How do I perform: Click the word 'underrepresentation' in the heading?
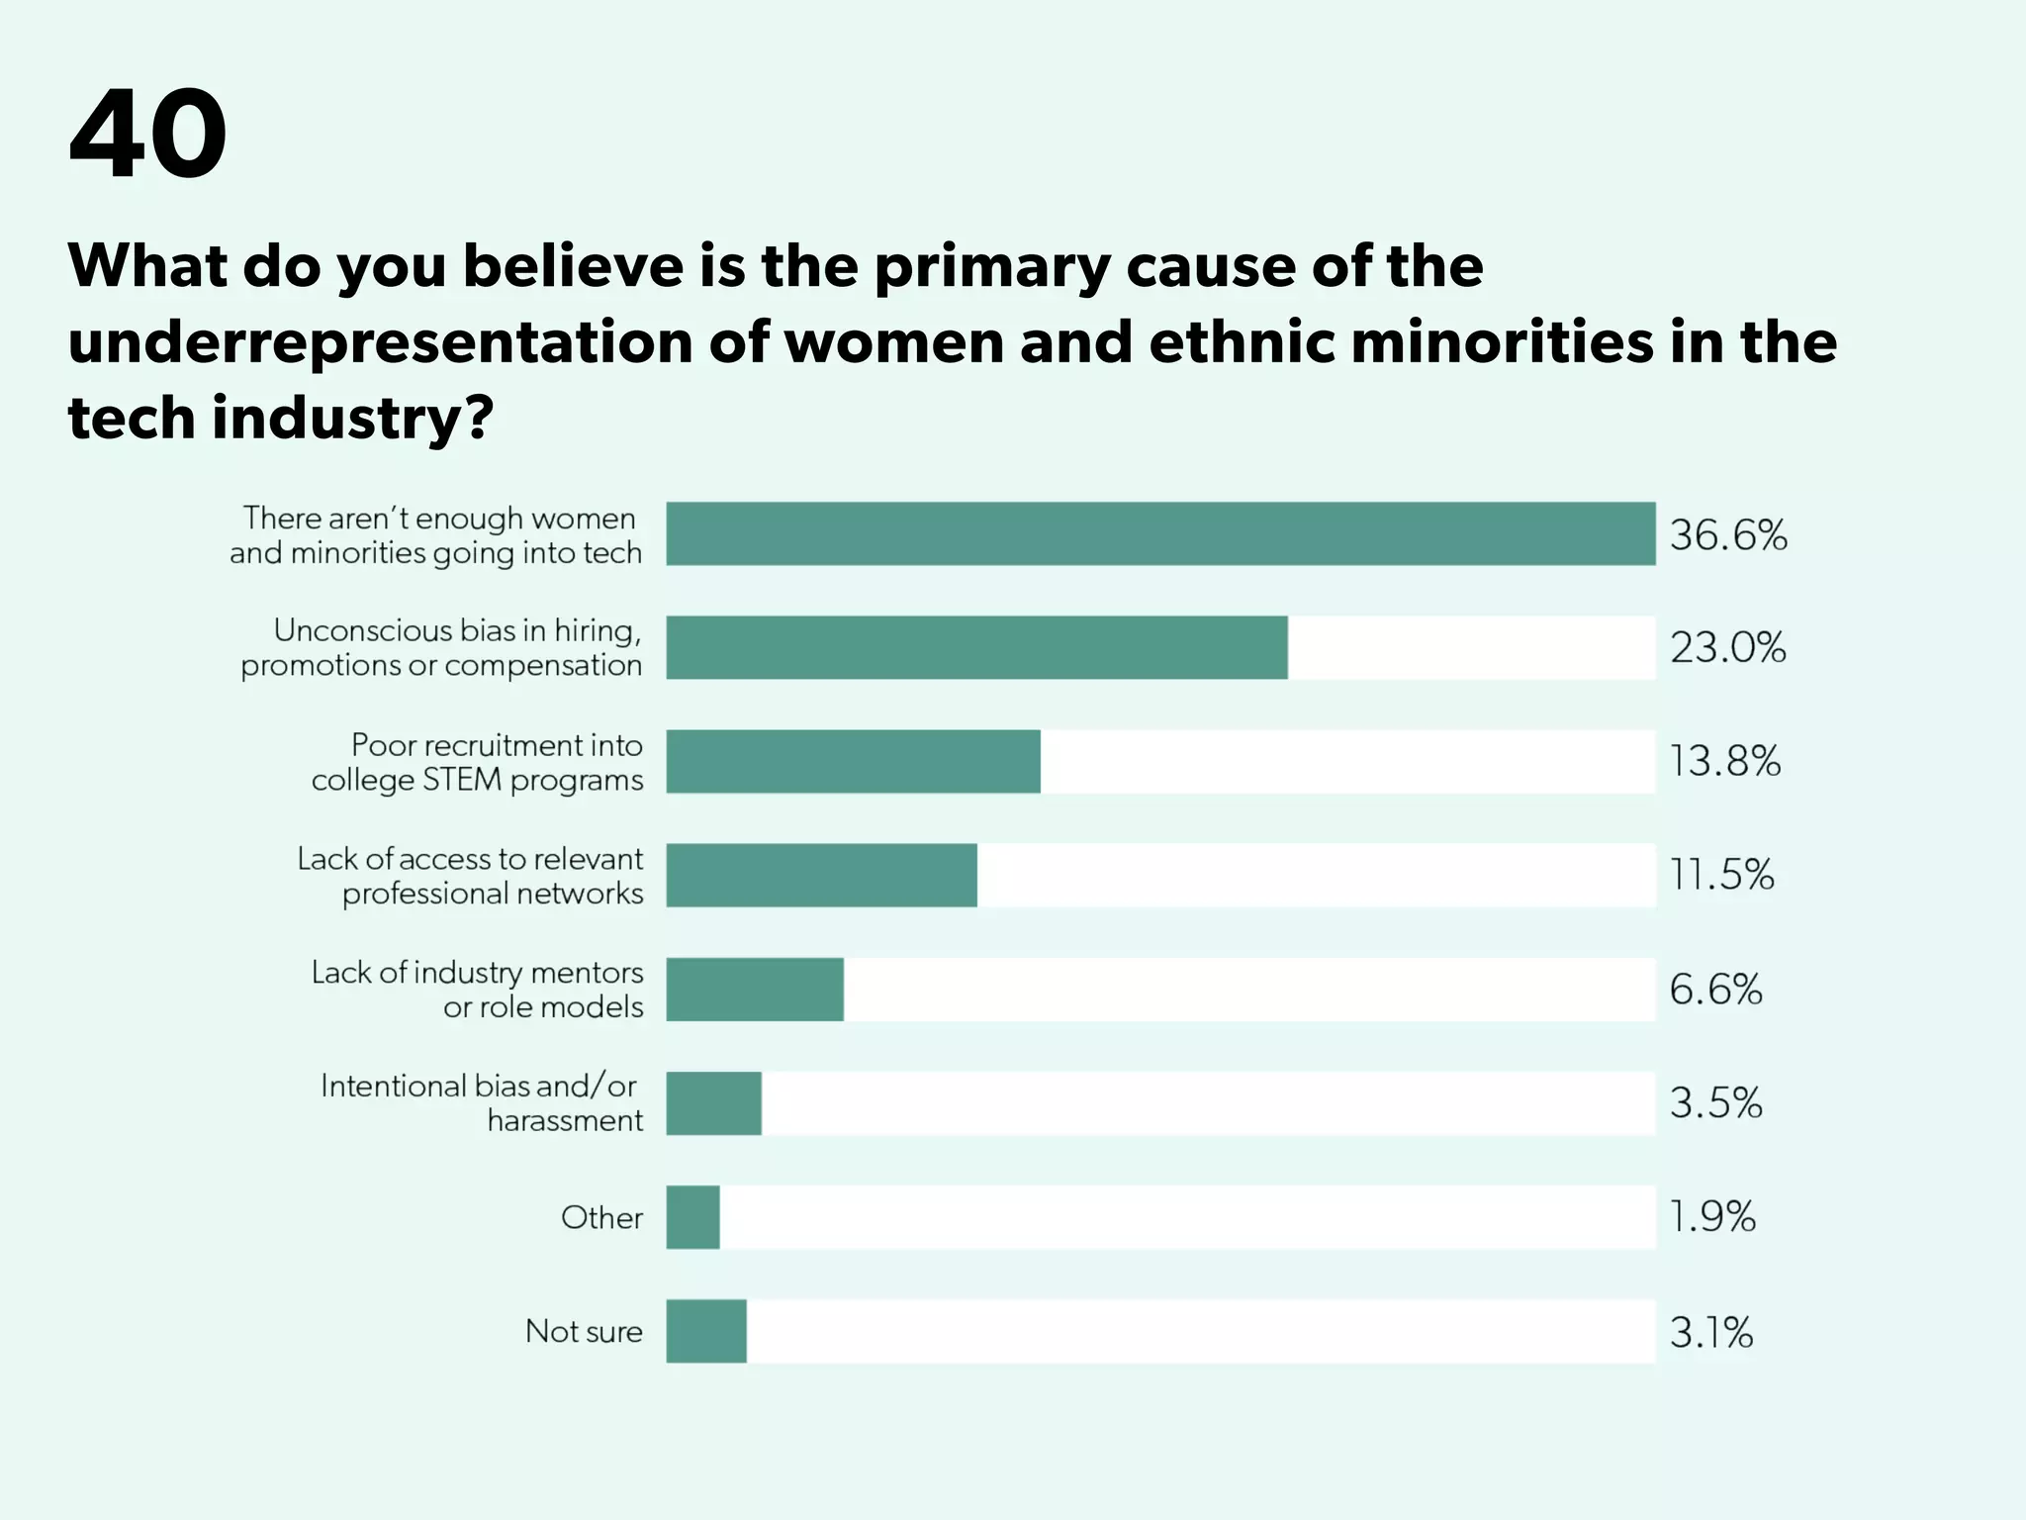coord(380,341)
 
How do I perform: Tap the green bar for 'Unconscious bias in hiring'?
coord(976,647)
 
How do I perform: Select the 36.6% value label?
coord(1728,535)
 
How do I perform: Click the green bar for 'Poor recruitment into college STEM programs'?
coord(853,761)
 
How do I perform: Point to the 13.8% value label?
coord(1724,762)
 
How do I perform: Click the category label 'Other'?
coord(601,1217)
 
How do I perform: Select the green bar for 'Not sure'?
coord(706,1331)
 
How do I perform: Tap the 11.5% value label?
coord(1721,875)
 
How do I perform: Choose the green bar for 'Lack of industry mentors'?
coord(755,989)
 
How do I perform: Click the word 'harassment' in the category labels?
coord(565,1120)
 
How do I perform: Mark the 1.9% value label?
coord(1712,1217)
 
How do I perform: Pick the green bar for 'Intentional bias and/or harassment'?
coord(713,1102)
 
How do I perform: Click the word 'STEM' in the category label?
coord(462,780)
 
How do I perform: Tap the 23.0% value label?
coord(1728,648)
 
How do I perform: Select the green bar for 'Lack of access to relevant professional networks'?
coord(821,875)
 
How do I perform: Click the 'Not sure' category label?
coord(584,1331)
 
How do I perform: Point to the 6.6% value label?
coord(1715,990)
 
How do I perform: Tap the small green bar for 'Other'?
coord(692,1217)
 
